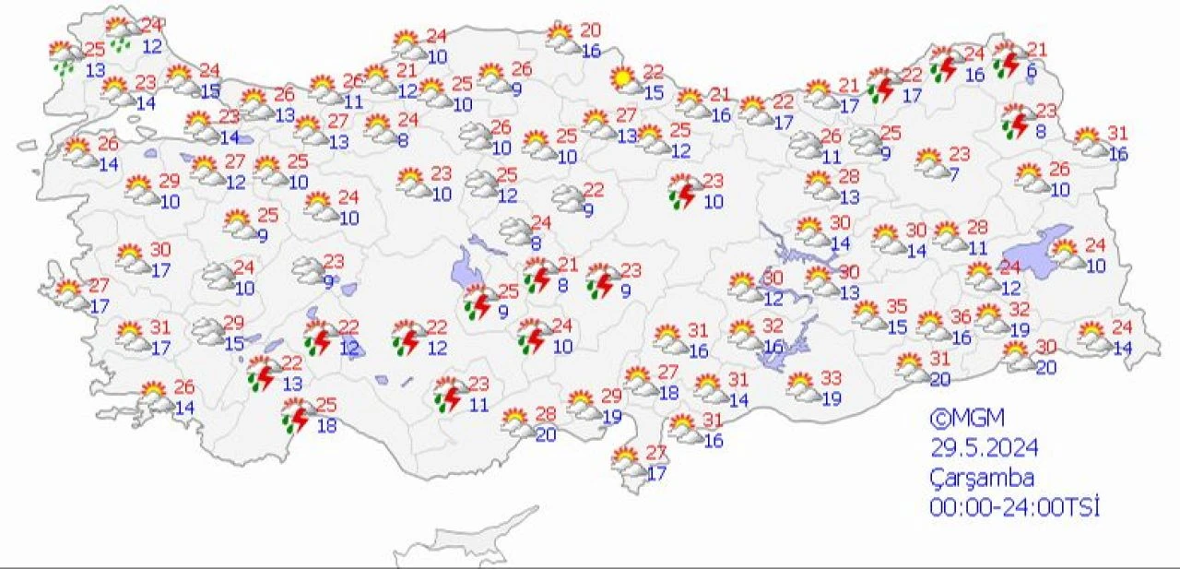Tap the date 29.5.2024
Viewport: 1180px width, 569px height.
coord(984,448)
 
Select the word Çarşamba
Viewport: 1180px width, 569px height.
coord(981,479)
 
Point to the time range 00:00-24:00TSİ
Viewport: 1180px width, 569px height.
coord(1015,507)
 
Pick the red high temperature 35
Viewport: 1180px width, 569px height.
coord(896,306)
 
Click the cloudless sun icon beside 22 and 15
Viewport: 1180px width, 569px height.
coord(626,80)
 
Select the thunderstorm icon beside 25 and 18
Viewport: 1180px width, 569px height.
coord(296,416)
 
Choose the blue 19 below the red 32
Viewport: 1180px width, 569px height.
coord(1019,329)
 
